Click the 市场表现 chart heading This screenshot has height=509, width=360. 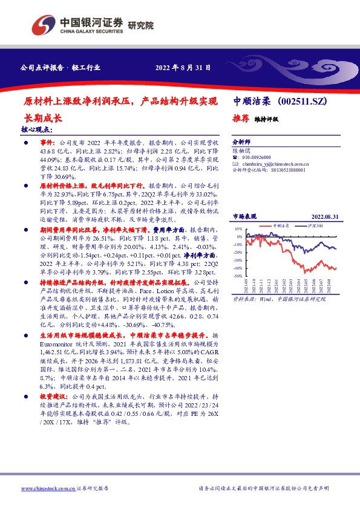coord(245,215)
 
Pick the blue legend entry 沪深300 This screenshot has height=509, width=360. coord(315,225)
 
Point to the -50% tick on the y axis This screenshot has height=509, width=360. coord(238,276)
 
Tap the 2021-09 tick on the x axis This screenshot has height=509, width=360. coord(246,285)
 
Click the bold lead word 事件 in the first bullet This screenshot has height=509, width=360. coord(47,140)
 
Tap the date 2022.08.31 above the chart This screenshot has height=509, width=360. coord(324,215)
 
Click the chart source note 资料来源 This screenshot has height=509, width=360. coord(245,299)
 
